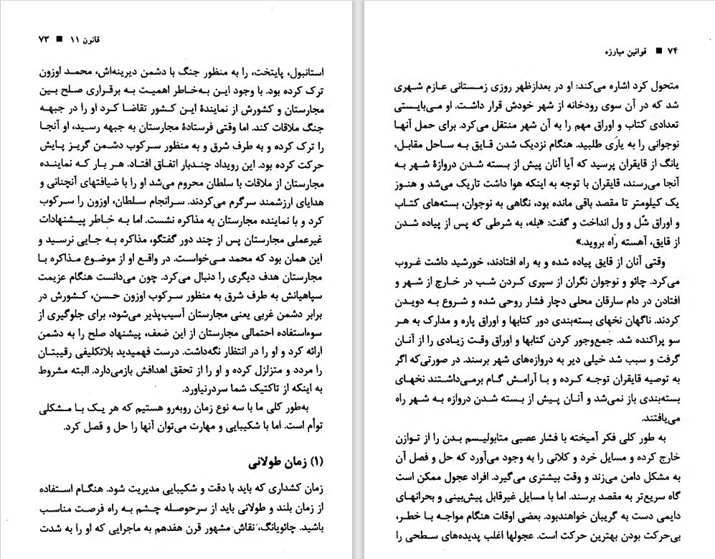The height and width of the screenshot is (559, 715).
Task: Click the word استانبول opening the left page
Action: [305, 72]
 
